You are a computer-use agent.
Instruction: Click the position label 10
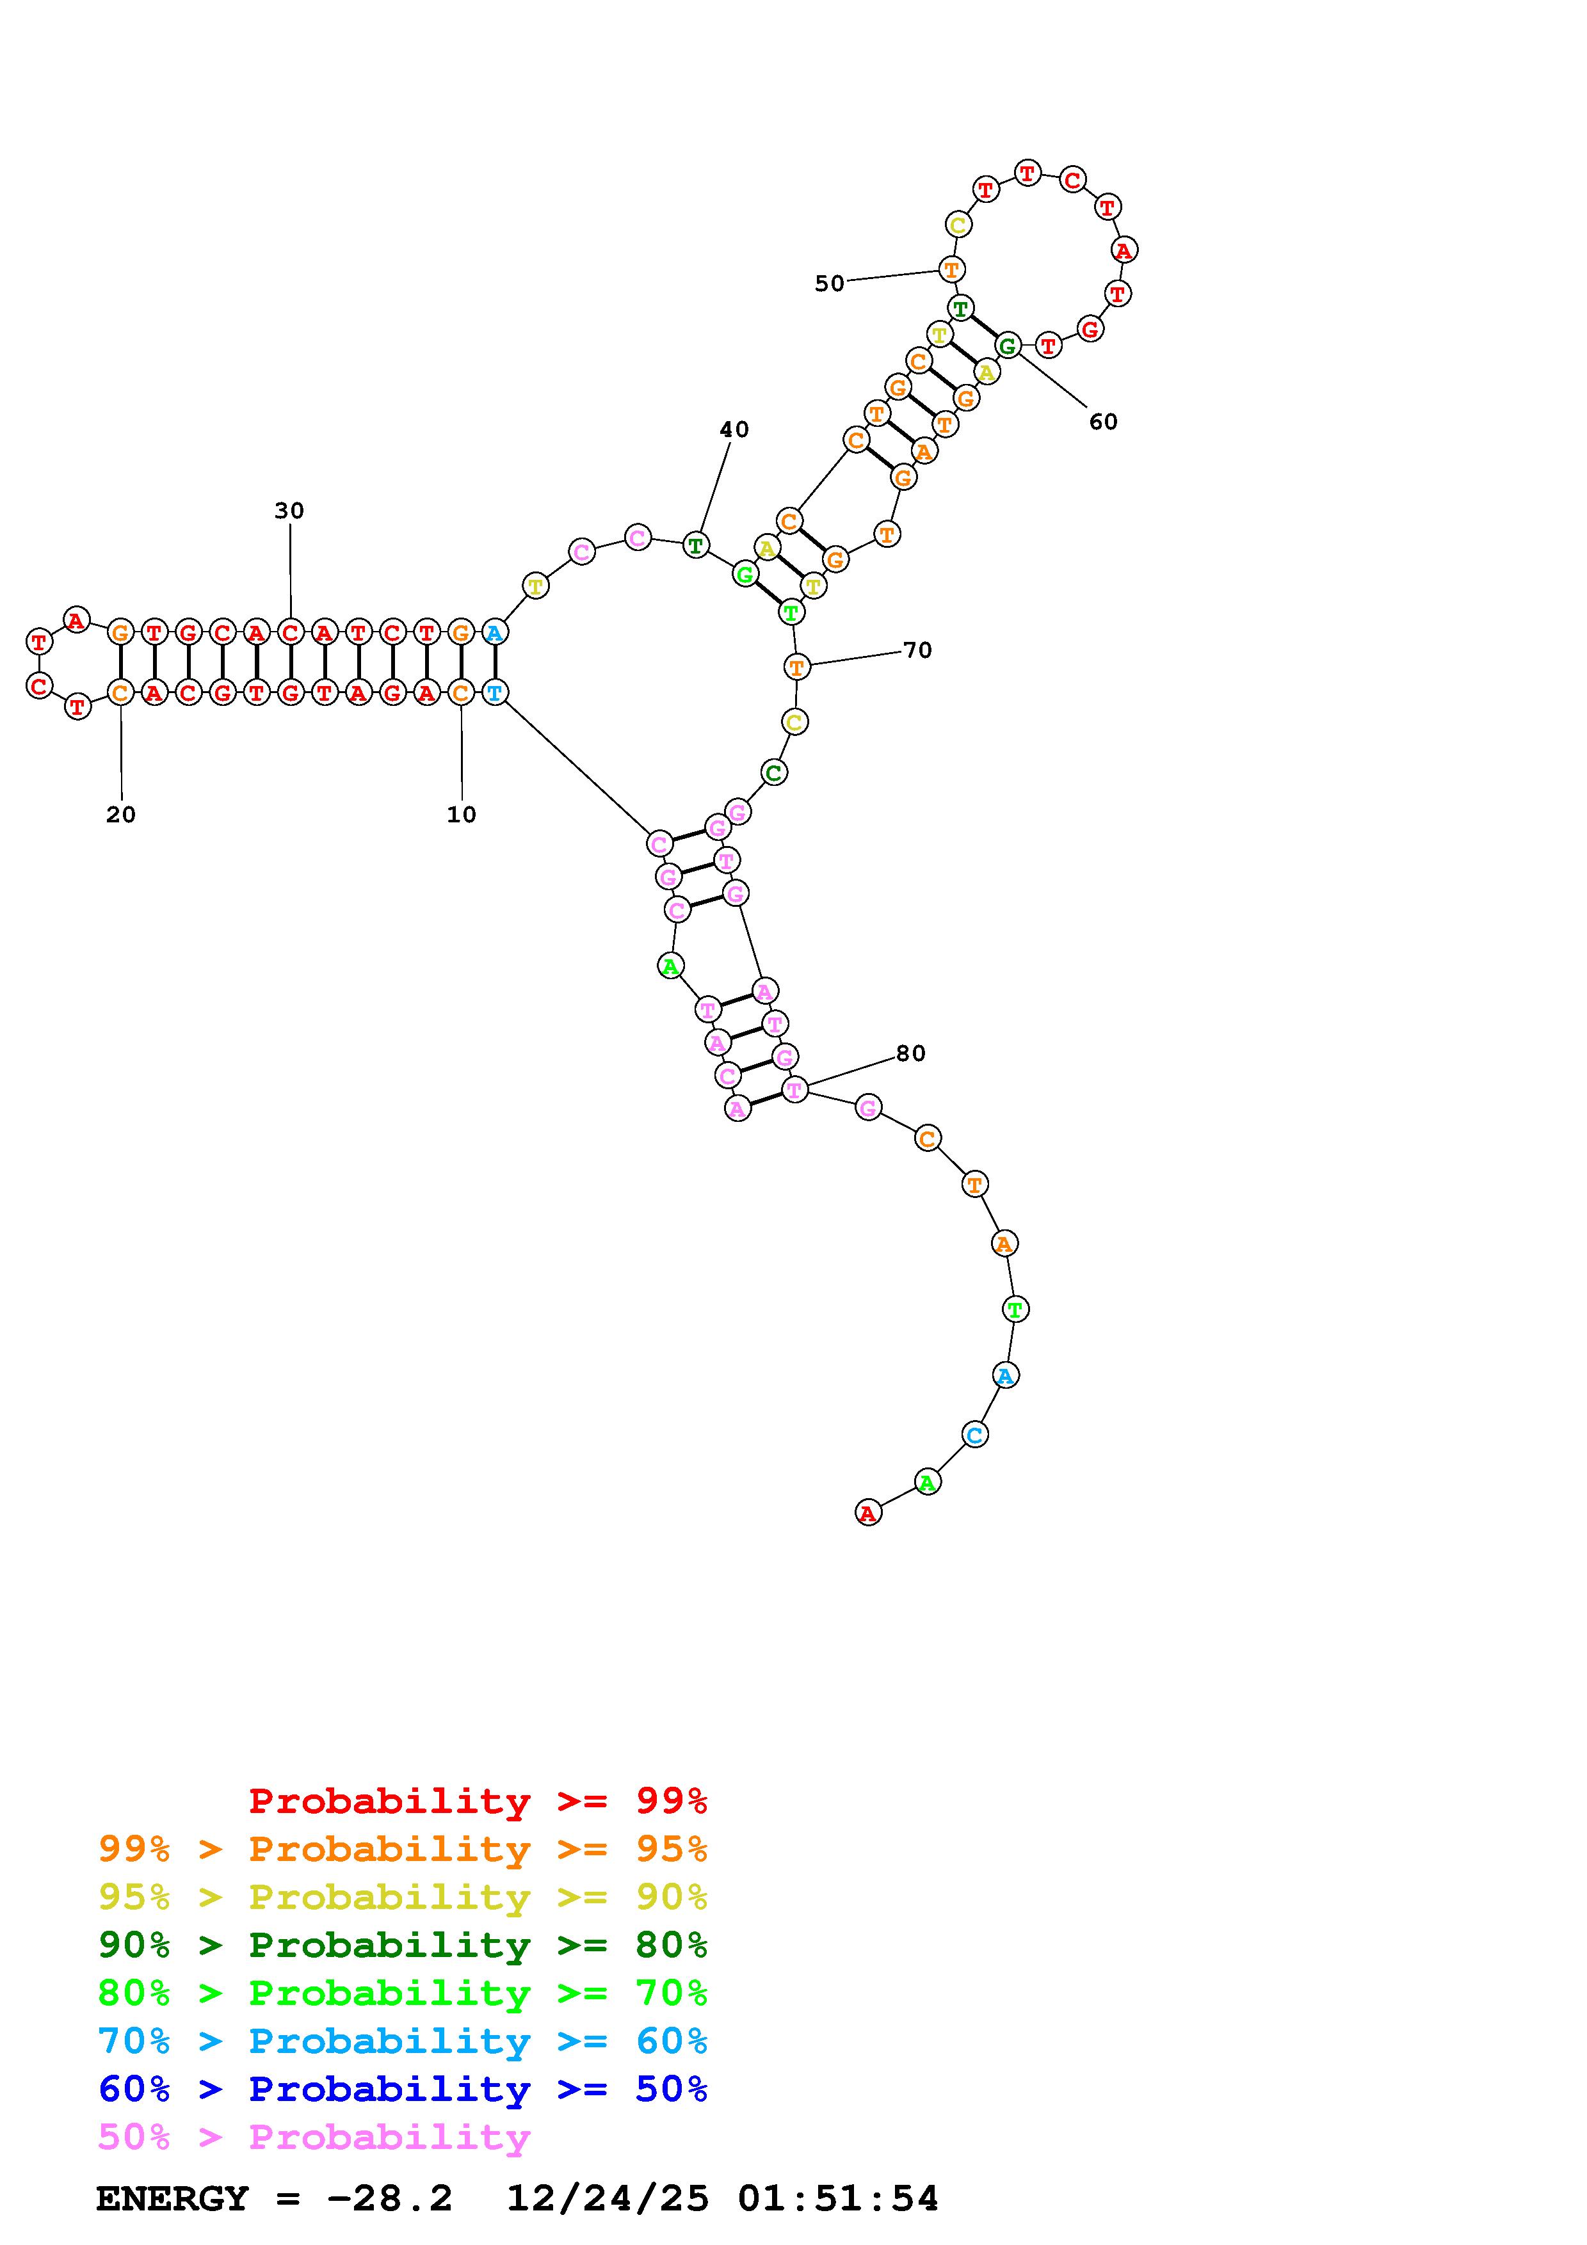[x=462, y=815]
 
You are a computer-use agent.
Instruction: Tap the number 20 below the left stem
[x=121, y=815]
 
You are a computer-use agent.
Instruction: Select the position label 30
[x=289, y=511]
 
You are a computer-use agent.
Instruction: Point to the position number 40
[x=734, y=429]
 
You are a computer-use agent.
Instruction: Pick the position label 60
[x=1103, y=422]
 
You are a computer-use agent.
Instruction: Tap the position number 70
[x=917, y=650]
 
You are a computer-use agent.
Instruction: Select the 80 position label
[x=910, y=1053]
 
